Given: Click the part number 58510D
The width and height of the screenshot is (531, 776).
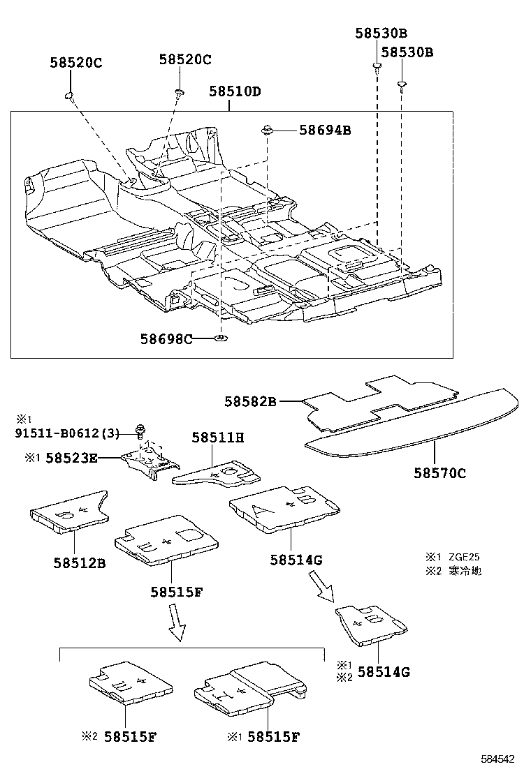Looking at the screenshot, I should click(x=235, y=92).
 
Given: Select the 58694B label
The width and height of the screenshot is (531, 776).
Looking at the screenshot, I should click(x=325, y=130).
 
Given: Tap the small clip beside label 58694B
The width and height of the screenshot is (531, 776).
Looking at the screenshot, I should click(x=268, y=128).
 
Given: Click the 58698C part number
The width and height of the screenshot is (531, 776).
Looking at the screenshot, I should click(x=166, y=339).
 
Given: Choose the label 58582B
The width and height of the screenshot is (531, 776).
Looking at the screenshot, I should click(x=251, y=401).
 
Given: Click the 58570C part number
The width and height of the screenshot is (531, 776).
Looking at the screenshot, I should click(x=439, y=473).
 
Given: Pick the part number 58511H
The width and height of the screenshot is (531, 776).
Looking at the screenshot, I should click(x=218, y=438).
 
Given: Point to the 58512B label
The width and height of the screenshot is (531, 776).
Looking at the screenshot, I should click(x=79, y=562).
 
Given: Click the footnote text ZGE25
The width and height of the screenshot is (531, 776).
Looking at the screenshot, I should click(x=464, y=557).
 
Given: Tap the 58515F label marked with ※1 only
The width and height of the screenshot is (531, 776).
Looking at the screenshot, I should click(x=274, y=736).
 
